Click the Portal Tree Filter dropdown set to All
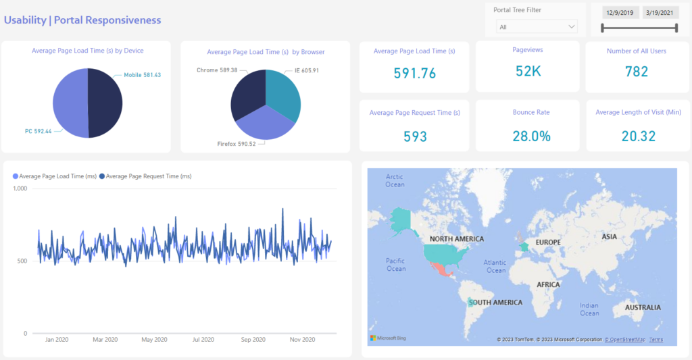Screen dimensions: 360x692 (537, 27)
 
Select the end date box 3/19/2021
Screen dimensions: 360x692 (660, 12)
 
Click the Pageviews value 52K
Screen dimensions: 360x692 (528, 72)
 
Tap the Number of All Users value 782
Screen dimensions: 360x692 (637, 72)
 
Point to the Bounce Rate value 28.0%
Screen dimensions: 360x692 (528, 136)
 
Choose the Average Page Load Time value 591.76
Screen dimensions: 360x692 (414, 73)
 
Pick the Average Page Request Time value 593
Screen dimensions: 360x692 (415, 136)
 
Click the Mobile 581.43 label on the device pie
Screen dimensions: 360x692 (143, 75)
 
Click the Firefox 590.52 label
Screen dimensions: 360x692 (237, 144)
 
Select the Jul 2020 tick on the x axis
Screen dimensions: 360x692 (203, 340)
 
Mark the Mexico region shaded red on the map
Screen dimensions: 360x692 (440, 269)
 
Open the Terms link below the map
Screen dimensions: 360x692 (656, 340)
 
